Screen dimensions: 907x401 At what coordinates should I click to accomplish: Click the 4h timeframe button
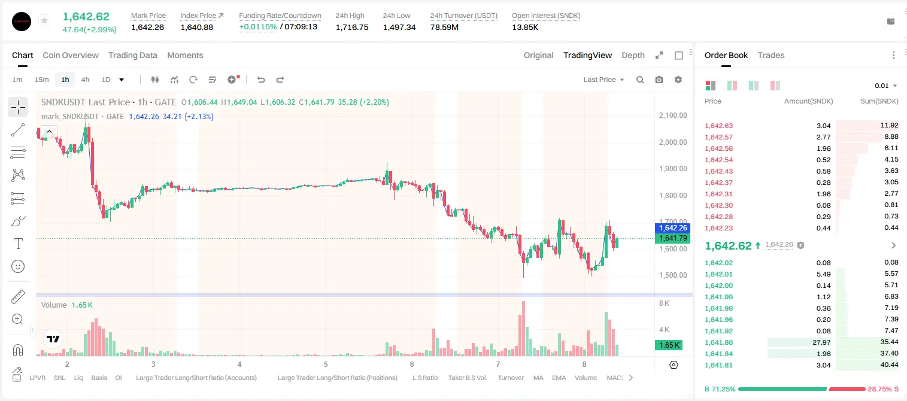(85, 80)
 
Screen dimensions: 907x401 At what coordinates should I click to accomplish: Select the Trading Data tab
(133, 55)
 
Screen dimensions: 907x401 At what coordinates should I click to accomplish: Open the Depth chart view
(633, 55)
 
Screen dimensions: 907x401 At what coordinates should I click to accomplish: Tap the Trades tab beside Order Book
(771, 55)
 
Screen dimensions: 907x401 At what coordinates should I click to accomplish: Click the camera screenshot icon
(659, 80)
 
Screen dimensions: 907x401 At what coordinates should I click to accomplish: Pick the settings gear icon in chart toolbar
(678, 80)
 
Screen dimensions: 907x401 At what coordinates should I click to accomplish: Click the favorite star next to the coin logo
(44, 20)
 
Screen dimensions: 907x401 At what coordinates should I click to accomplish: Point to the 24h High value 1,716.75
(352, 27)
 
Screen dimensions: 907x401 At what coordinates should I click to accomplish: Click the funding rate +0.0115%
(258, 27)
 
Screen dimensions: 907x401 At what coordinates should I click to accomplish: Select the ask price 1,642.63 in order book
(719, 126)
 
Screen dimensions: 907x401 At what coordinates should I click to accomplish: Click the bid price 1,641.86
(719, 342)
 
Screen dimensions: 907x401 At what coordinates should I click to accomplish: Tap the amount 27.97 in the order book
(821, 342)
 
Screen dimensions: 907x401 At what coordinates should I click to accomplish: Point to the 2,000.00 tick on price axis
(673, 142)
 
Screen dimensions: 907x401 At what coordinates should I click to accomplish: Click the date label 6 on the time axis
(412, 364)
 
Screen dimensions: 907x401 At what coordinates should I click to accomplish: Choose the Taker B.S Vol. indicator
(468, 378)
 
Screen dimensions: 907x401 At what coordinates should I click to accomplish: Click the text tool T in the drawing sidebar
(18, 244)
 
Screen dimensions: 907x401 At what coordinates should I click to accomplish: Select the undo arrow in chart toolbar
(261, 80)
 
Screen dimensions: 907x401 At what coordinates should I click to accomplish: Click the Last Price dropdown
(603, 80)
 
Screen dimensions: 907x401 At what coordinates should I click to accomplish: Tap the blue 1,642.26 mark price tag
(672, 228)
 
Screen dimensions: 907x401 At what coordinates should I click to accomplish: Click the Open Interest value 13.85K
(525, 27)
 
